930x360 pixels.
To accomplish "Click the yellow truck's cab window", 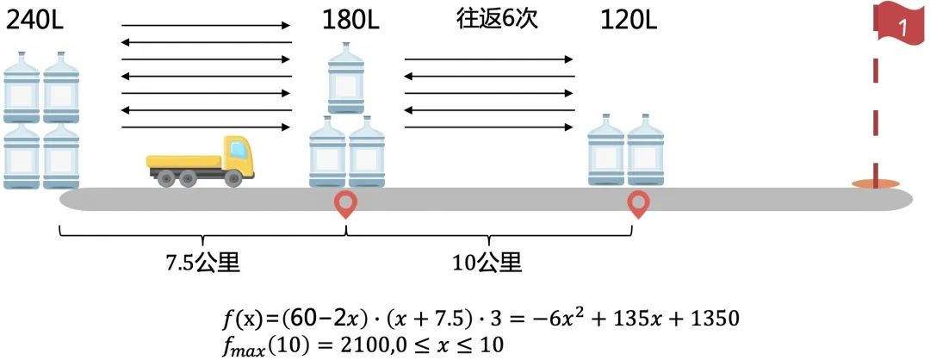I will click(x=238, y=153).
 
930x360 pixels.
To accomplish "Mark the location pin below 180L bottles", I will click(x=346, y=205).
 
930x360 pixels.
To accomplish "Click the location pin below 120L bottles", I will click(x=638, y=205).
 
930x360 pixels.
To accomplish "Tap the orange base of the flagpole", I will click(x=876, y=183).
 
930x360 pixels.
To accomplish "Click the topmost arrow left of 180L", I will click(x=207, y=26).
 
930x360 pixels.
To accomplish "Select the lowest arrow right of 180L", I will click(x=488, y=127).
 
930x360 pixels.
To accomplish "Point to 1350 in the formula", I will click(x=711, y=319).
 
